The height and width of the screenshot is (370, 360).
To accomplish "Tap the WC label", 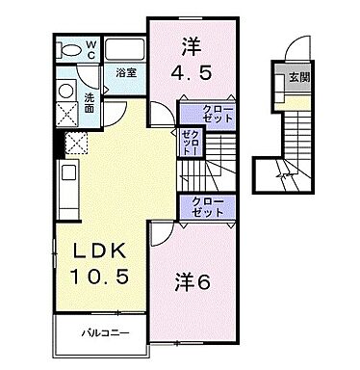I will [x=89, y=48].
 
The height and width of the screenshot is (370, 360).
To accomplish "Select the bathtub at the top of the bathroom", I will [x=121, y=50].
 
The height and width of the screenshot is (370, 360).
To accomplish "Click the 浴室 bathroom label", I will [x=124, y=72].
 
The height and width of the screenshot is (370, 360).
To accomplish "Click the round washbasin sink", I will [x=64, y=91].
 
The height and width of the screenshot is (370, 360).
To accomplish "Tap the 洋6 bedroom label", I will [x=193, y=284].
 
